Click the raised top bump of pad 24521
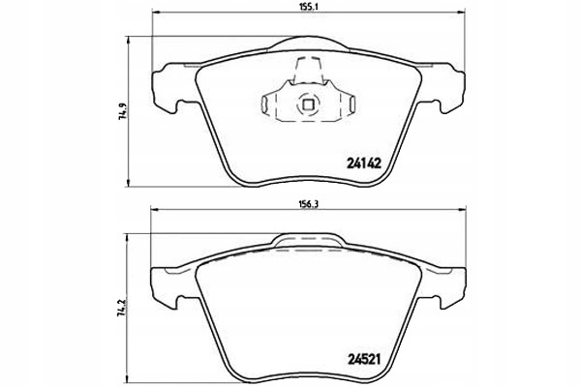pos(310,239)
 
